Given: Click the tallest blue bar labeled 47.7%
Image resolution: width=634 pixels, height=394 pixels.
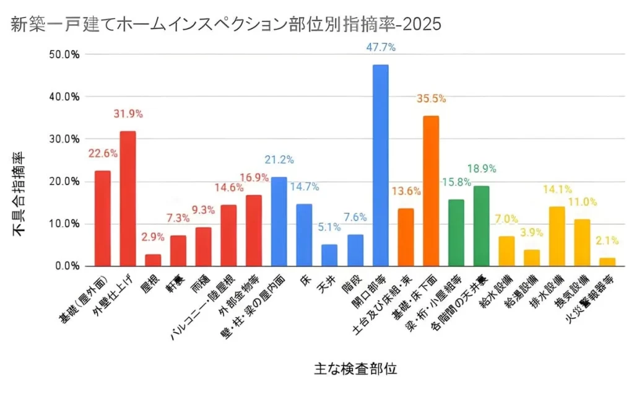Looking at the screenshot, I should click(380, 165).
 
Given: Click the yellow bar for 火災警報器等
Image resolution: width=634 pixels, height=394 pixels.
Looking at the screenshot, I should click(607, 262).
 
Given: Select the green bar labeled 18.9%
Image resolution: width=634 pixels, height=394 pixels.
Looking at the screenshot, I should click(481, 226).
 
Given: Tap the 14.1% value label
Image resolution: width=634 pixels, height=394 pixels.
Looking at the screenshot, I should click(557, 190).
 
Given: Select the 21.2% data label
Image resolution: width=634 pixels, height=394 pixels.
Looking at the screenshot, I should click(280, 160).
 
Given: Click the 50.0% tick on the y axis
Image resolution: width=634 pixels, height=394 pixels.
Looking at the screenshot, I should click(64, 55).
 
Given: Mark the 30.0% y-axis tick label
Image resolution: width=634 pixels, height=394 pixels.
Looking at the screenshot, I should click(64, 139).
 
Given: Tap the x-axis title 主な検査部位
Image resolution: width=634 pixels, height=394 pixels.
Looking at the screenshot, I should click(355, 369).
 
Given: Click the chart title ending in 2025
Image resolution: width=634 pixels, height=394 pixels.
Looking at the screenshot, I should click(226, 24).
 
